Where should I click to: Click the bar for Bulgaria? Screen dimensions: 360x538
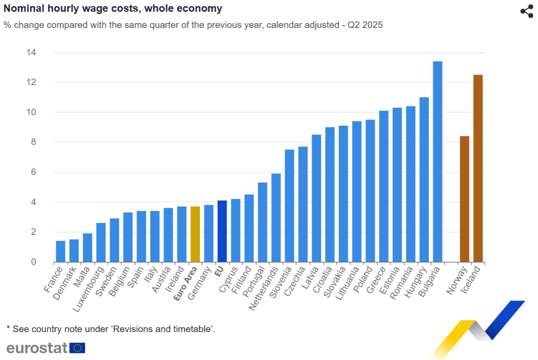click(437, 161)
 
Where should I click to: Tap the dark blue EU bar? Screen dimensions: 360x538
click(222, 231)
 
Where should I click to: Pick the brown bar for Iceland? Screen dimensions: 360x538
click(478, 168)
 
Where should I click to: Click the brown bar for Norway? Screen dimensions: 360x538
click(464, 199)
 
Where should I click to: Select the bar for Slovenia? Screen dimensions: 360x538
click(289, 206)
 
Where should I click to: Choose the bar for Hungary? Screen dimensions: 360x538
click(424, 179)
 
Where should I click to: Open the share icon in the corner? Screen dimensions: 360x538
click(527, 11)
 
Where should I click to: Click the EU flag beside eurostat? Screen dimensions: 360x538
click(78, 348)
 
